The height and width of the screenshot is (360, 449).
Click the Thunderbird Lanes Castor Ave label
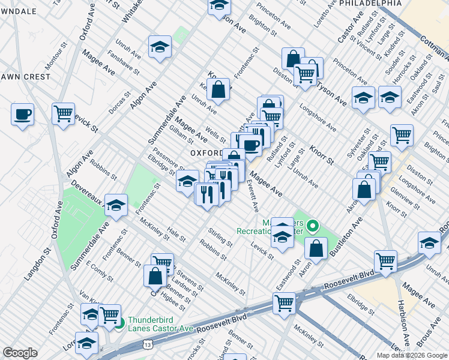click(x=160, y=324)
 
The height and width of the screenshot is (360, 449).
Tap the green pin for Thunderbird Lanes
click(x=119, y=324)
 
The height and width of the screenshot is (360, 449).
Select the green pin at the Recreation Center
click(x=312, y=227)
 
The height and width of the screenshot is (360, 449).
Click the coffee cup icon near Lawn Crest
click(x=23, y=115)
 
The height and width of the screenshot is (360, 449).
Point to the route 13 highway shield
click(x=147, y=344)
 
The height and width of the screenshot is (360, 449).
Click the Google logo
click(x=19, y=352)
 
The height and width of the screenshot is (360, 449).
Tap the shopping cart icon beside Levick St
click(x=63, y=113)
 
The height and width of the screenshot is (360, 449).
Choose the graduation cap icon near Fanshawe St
click(x=160, y=48)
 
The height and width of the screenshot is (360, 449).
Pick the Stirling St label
click(x=220, y=236)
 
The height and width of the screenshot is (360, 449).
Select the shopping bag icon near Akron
click(x=316, y=248)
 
